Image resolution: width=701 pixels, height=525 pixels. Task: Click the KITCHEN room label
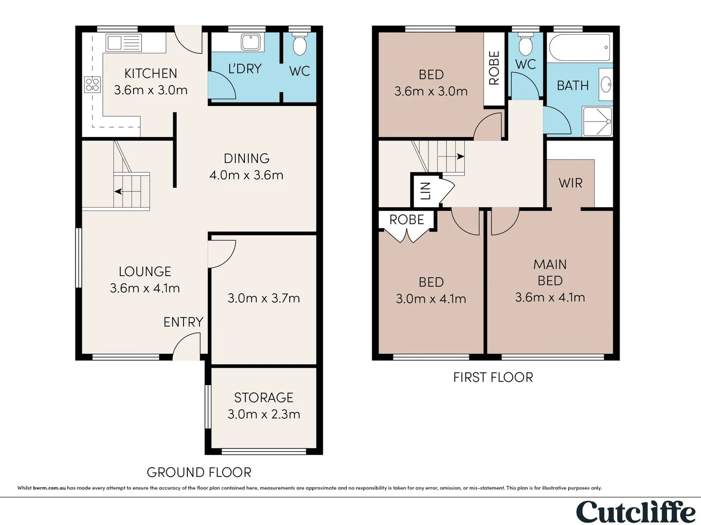pyautogui.click(x=150, y=73)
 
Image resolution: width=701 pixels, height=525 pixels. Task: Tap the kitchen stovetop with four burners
pyautogui.click(x=92, y=85)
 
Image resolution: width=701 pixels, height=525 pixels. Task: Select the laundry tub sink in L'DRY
pyautogui.click(x=251, y=42)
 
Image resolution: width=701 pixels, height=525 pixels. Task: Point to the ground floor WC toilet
pyautogui.click(x=299, y=44)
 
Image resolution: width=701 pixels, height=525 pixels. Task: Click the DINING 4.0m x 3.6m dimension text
pyautogui.click(x=246, y=175)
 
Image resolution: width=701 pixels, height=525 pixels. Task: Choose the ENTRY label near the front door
pyautogui.click(x=184, y=322)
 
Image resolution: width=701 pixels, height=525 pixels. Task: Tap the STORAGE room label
pyautogui.click(x=263, y=398)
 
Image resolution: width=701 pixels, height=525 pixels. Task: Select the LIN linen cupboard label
pyautogui.click(x=425, y=191)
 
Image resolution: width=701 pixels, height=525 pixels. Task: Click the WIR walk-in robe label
pyautogui.click(x=571, y=183)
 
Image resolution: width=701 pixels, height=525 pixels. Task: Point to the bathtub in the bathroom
pyautogui.click(x=579, y=48)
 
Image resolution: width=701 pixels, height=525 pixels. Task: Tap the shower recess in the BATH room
pyautogui.click(x=597, y=122)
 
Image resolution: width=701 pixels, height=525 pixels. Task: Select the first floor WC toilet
pyautogui.click(x=525, y=44)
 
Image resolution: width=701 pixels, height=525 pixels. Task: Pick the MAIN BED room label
pyautogui.click(x=550, y=273)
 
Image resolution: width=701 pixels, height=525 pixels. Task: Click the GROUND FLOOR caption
pyautogui.click(x=199, y=472)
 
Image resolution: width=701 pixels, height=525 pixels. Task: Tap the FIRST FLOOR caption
pyautogui.click(x=493, y=377)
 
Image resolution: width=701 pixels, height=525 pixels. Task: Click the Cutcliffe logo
pyautogui.click(x=636, y=512)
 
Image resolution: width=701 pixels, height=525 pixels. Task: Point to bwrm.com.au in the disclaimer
pyautogui.click(x=49, y=488)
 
